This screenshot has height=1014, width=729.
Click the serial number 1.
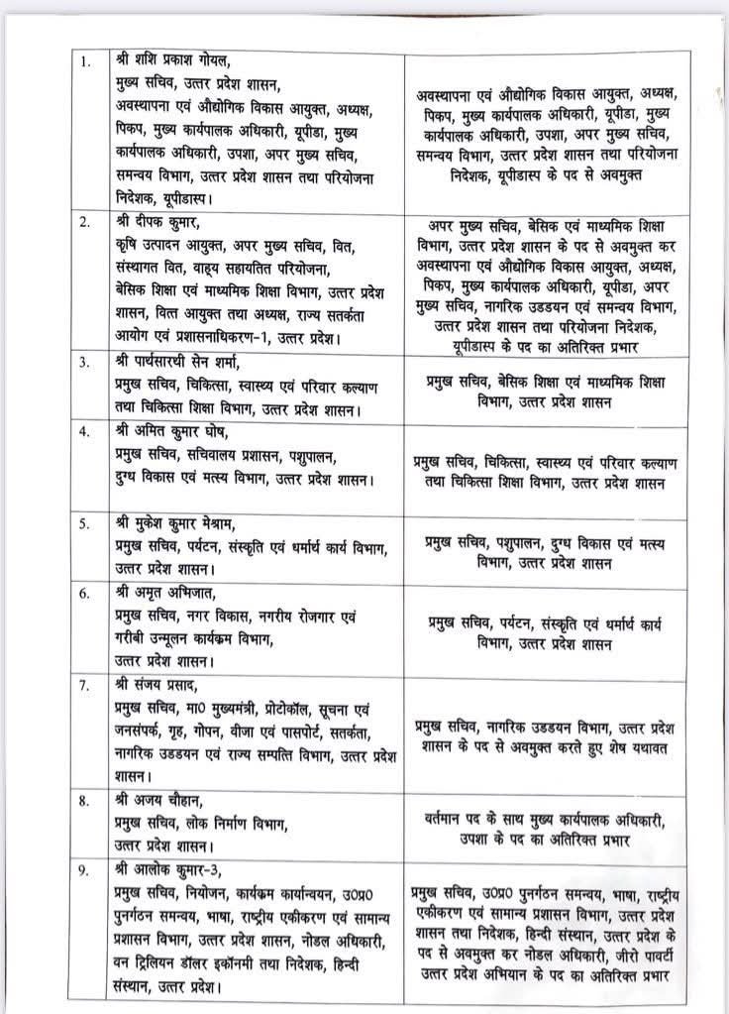coord(87,61)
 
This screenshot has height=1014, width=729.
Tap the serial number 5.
coord(87,523)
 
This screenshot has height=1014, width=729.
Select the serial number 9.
coord(87,870)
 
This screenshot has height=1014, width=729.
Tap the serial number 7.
coord(87,686)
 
